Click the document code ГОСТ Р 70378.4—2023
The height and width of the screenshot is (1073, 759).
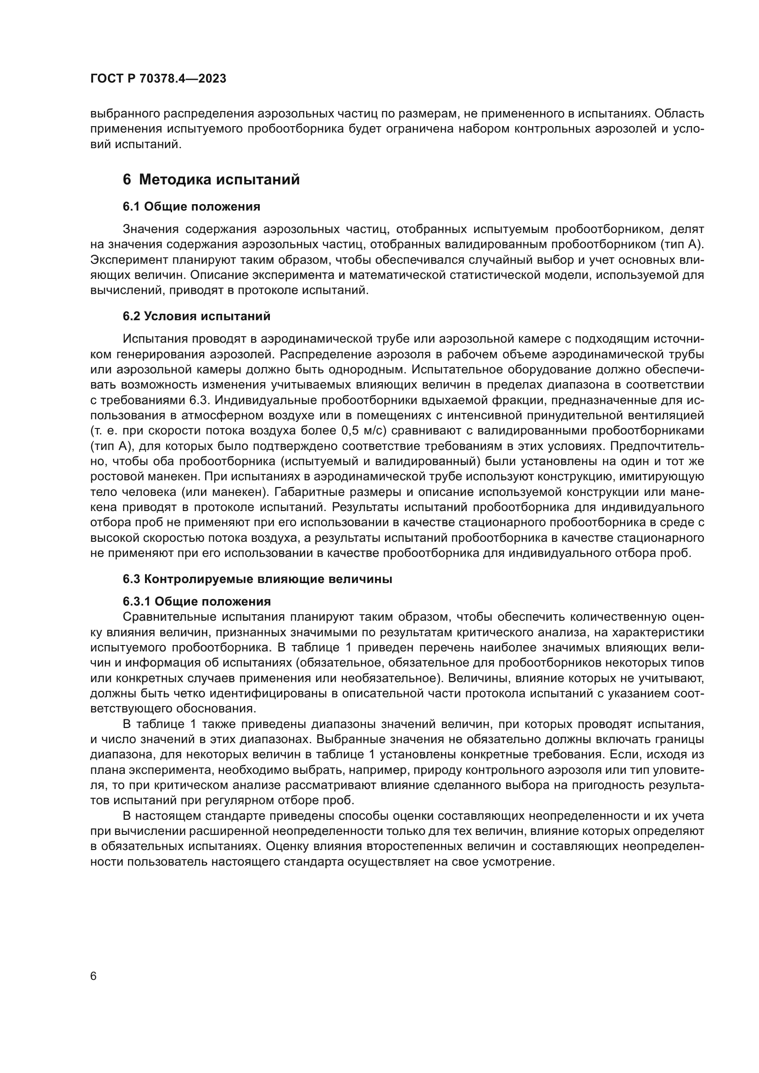click(x=158, y=79)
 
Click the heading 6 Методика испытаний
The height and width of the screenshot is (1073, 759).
click(x=211, y=179)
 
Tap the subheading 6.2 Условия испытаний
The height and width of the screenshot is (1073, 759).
click(x=196, y=317)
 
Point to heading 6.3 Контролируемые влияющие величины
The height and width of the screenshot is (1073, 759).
click(x=257, y=579)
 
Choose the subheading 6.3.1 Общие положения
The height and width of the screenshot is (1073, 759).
click(x=197, y=601)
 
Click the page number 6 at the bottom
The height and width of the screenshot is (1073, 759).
click(x=94, y=977)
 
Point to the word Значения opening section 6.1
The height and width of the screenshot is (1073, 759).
click(x=151, y=229)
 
